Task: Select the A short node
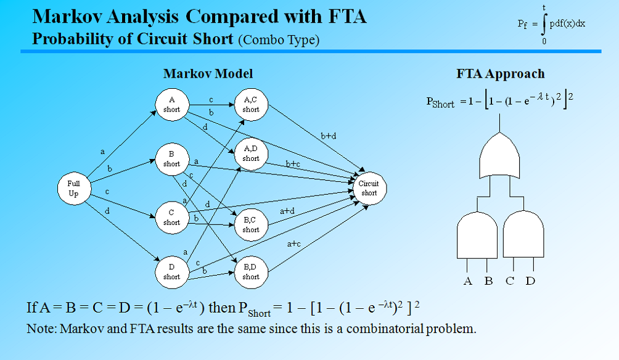click(171, 105)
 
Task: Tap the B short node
click(171, 159)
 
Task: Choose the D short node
click(171, 272)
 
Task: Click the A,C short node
click(251, 105)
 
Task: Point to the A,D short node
click(251, 153)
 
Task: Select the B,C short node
click(251, 224)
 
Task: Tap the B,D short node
click(251, 272)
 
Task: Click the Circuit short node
click(369, 188)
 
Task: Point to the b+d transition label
click(329, 136)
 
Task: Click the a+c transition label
click(294, 243)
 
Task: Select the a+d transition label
click(287, 211)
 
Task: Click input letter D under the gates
click(531, 282)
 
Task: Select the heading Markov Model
click(208, 74)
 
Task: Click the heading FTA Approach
click(500, 74)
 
